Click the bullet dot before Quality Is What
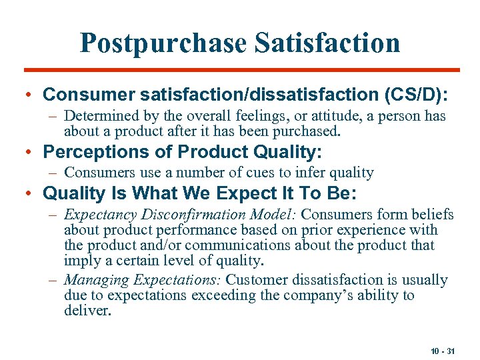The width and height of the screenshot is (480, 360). tap(30, 194)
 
